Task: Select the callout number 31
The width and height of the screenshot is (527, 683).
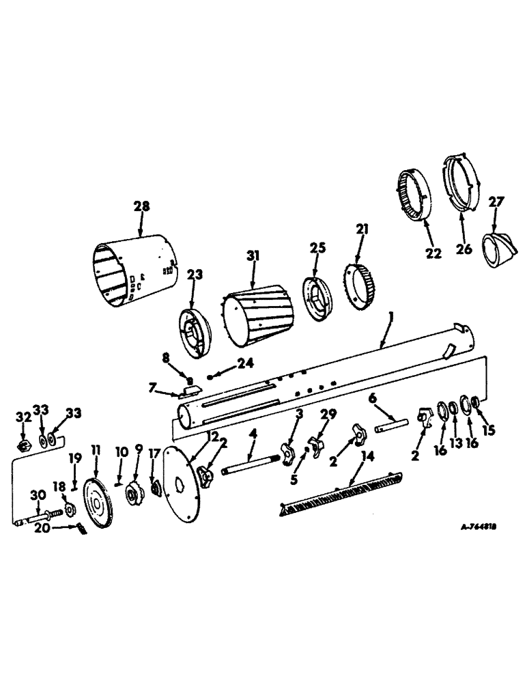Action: (x=253, y=256)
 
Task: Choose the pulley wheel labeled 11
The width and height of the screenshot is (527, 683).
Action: (x=100, y=506)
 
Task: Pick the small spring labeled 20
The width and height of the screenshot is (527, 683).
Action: (x=81, y=529)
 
